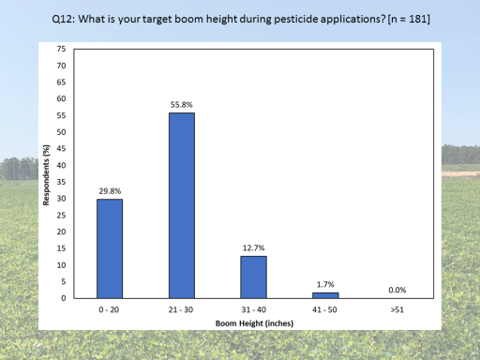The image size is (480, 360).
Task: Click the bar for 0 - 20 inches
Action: tap(110, 248)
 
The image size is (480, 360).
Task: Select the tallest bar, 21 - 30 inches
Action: tap(182, 205)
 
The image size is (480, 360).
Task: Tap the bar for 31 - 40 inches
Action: tap(253, 277)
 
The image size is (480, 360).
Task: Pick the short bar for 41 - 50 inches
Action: tap(325, 295)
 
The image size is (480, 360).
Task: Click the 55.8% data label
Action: tap(181, 105)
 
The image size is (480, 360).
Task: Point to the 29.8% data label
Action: tap(110, 191)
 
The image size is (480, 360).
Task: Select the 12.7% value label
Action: tap(253, 247)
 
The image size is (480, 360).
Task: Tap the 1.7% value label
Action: tap(325, 284)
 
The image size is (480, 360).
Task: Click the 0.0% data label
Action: tap(397, 290)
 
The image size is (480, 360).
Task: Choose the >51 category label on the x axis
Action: tap(397, 309)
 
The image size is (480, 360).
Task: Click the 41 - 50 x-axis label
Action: tap(324, 309)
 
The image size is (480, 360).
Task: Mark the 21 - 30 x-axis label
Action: tap(181, 309)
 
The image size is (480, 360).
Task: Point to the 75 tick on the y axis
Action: tap(61, 49)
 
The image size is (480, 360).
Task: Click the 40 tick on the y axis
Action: tap(61, 165)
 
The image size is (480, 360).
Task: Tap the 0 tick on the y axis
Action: tap(64, 298)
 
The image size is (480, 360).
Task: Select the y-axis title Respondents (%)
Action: tap(46, 175)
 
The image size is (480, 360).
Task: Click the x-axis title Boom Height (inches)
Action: tap(254, 323)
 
